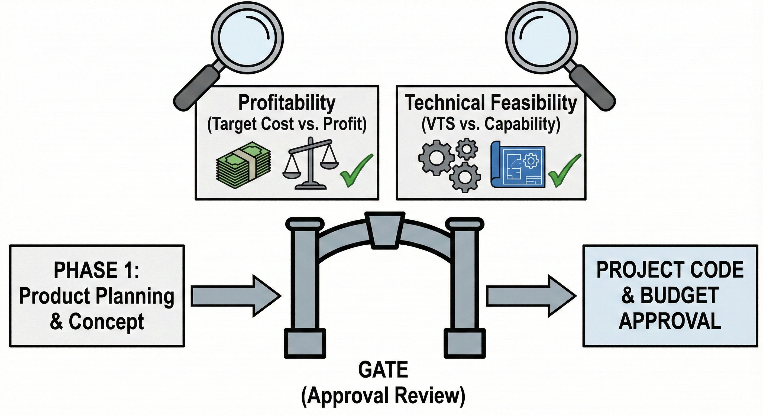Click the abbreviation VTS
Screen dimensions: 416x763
tap(438, 124)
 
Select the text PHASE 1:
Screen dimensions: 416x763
tap(96, 270)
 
